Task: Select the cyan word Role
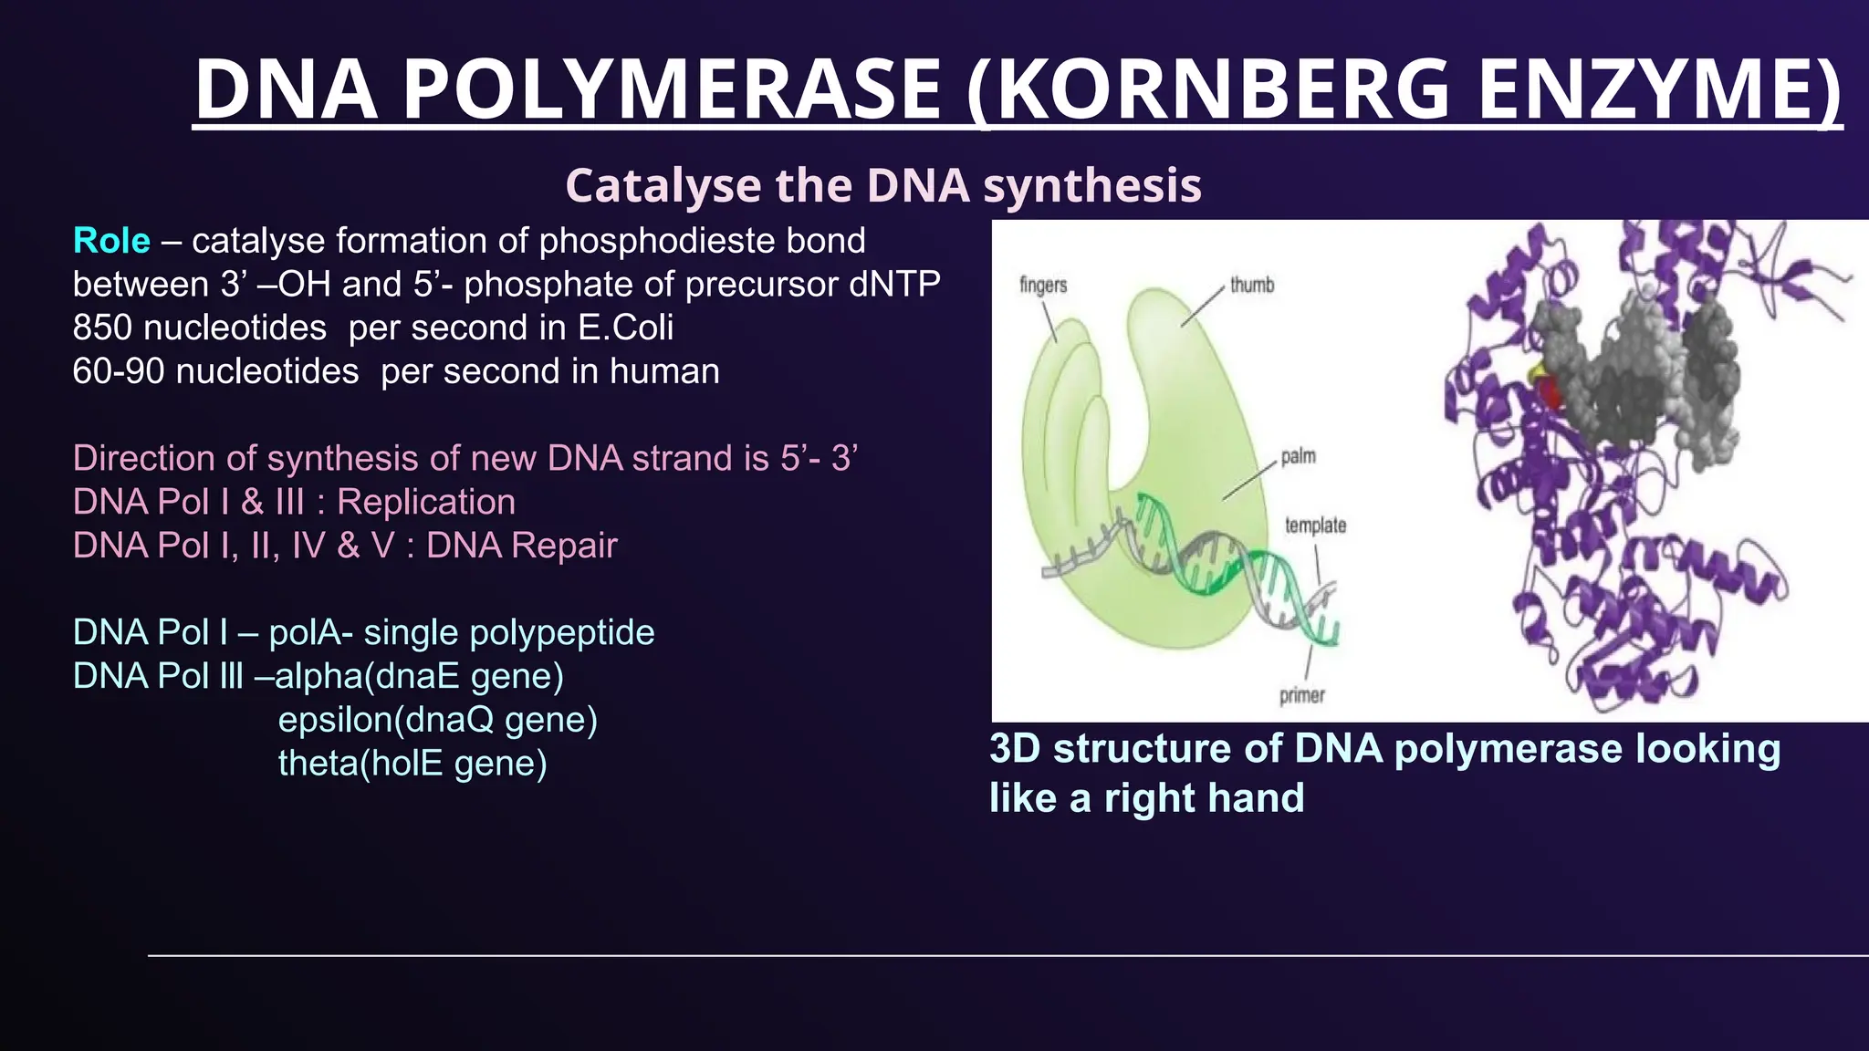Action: click(111, 241)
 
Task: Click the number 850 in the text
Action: click(103, 328)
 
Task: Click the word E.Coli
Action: click(626, 328)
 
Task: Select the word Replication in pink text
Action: click(426, 502)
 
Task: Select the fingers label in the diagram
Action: click(1043, 285)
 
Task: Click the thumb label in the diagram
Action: click(1251, 285)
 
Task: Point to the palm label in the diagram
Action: click(1298, 455)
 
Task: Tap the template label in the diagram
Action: click(1315, 525)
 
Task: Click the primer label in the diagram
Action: click(1301, 695)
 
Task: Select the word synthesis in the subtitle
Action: click(1091, 185)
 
